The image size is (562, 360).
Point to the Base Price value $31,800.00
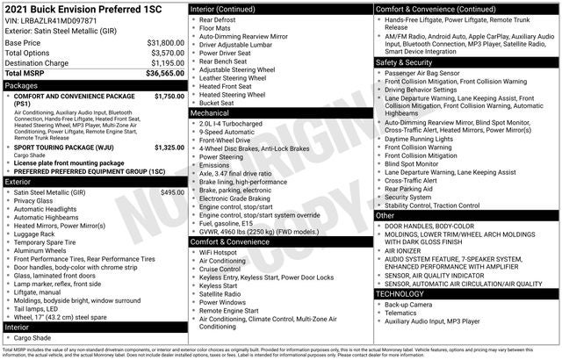(x=165, y=42)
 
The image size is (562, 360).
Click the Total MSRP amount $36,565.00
(x=163, y=75)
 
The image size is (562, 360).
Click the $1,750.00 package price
(x=169, y=96)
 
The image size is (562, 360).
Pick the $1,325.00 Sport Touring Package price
(x=169, y=148)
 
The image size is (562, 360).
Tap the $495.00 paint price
(x=172, y=191)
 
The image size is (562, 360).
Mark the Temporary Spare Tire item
(x=49, y=241)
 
